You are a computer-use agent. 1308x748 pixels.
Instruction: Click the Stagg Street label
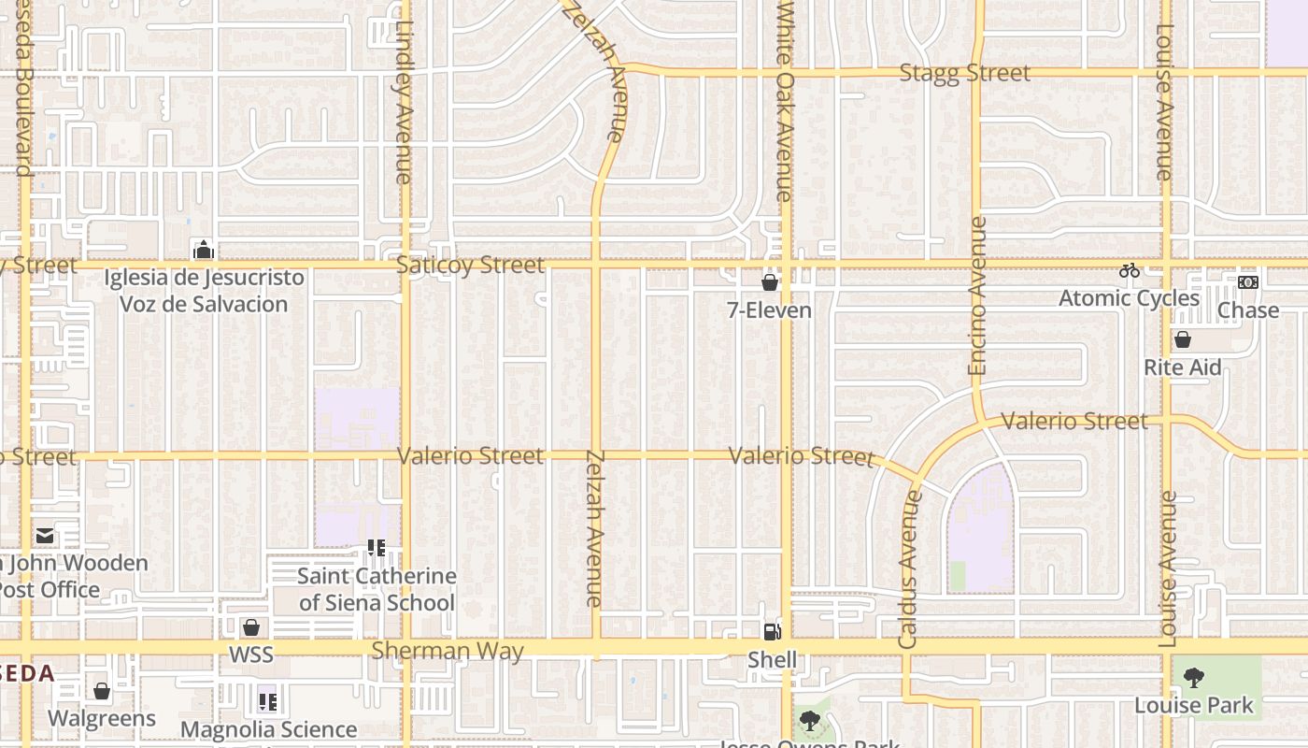(x=964, y=73)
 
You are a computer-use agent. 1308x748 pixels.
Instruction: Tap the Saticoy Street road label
(x=470, y=266)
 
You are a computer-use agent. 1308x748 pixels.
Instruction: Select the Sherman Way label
(x=448, y=651)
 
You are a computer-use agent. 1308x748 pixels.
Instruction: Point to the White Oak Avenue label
(x=785, y=100)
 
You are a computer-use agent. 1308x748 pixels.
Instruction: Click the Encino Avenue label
(x=978, y=295)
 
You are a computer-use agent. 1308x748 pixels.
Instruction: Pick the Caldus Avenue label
(x=909, y=570)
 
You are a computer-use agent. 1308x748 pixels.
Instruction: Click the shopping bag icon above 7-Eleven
(x=770, y=281)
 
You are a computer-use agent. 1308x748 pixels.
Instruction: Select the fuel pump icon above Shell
(x=772, y=632)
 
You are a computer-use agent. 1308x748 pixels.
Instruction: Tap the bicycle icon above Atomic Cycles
(x=1130, y=271)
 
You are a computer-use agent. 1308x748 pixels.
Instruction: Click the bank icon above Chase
(x=1247, y=282)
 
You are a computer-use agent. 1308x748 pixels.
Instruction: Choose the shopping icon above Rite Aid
(x=1182, y=339)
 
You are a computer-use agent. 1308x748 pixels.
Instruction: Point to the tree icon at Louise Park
(x=1193, y=678)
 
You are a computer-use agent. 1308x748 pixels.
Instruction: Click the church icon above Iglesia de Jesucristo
(x=203, y=250)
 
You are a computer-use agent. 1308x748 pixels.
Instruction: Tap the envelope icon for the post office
(x=45, y=536)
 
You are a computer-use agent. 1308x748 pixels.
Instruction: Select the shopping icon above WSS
(x=250, y=627)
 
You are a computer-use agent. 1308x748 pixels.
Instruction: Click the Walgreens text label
(x=102, y=719)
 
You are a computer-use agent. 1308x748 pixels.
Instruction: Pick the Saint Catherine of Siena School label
(x=377, y=589)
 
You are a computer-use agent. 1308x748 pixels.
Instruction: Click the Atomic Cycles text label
(x=1129, y=298)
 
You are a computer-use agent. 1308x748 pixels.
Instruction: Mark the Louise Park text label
(x=1194, y=705)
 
